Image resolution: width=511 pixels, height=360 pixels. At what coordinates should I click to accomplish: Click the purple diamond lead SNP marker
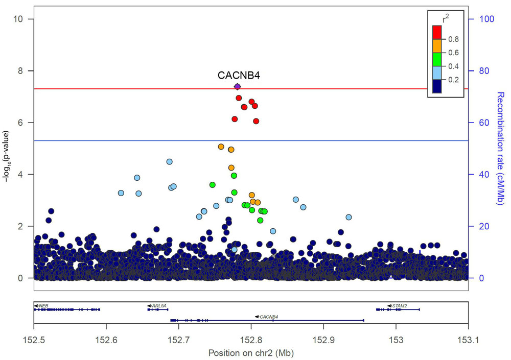point(237,86)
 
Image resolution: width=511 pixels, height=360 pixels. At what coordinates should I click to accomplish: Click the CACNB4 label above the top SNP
point(239,76)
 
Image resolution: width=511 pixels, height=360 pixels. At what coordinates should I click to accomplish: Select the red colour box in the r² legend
point(437,32)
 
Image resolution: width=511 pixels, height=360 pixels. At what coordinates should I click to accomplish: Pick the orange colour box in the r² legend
point(437,46)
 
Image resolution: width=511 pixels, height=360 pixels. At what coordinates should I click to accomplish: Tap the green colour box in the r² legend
point(437,60)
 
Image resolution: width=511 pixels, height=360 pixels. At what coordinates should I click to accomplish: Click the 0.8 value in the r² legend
point(453,39)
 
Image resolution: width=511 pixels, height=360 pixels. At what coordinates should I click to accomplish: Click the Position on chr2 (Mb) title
point(251,352)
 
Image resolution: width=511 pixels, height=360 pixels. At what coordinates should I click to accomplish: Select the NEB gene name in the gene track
point(43,305)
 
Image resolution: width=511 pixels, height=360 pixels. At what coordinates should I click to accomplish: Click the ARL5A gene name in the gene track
point(159,305)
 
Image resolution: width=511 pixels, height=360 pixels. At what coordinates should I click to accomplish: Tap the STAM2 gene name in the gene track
point(400,305)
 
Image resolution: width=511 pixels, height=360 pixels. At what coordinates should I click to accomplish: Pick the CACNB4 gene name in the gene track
point(269,317)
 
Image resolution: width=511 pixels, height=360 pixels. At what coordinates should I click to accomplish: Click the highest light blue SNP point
point(169,161)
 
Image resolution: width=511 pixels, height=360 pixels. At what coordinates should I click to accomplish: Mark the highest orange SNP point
point(221,147)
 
